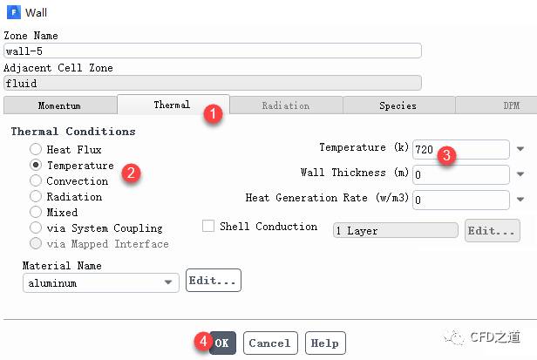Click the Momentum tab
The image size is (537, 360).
[x=59, y=105]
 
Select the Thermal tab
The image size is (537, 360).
[x=172, y=105]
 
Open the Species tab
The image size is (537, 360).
[x=398, y=105]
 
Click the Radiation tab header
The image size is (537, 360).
[x=285, y=105]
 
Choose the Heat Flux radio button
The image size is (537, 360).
[x=36, y=149]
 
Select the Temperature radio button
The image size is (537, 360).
[x=36, y=165]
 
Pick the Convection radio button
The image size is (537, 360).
[x=36, y=180]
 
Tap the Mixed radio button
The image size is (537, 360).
[x=36, y=212]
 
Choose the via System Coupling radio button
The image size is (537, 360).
[x=36, y=228]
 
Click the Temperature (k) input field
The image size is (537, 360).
[x=461, y=150]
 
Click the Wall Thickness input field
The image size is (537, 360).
[x=461, y=175]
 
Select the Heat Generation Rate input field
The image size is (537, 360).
[x=461, y=200]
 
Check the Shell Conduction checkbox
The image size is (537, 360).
[x=208, y=227]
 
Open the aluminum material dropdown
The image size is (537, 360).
[x=100, y=282]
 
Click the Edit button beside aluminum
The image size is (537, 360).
[x=213, y=282]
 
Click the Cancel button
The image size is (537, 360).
[x=269, y=343]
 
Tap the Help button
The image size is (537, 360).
[x=324, y=343]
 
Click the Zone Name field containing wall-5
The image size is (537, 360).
[x=212, y=51]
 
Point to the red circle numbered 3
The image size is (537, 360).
[x=446, y=156]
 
